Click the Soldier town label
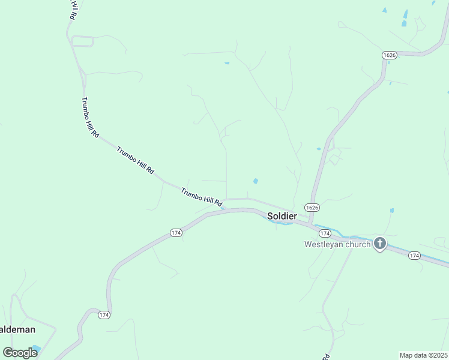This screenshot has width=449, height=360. point(282,215)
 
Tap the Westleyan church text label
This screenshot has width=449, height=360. point(337,244)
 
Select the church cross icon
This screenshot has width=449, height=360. point(379,243)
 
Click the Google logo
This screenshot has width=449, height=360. point(20,352)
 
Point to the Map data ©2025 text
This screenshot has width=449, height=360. point(424,355)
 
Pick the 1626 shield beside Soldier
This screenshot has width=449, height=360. point(312,207)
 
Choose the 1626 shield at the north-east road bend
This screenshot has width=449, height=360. point(390,55)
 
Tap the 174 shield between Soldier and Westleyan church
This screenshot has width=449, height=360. point(325,233)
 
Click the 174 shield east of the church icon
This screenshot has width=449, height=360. point(414,256)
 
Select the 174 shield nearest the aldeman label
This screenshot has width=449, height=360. point(104,314)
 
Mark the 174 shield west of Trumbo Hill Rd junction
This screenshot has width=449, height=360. point(175,233)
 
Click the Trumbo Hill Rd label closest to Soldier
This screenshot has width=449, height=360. point(202,196)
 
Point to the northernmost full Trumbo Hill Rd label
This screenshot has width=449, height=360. point(90,118)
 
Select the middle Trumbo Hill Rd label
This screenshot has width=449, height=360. point(135,160)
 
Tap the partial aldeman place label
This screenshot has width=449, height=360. point(17,329)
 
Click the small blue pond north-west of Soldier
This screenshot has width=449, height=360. point(256,181)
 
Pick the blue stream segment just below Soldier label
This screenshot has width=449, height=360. point(282,223)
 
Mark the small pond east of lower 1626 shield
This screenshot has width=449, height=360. point(391,211)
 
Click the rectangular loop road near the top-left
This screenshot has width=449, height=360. point(83,41)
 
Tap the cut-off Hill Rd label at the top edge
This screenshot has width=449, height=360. point(73,10)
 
